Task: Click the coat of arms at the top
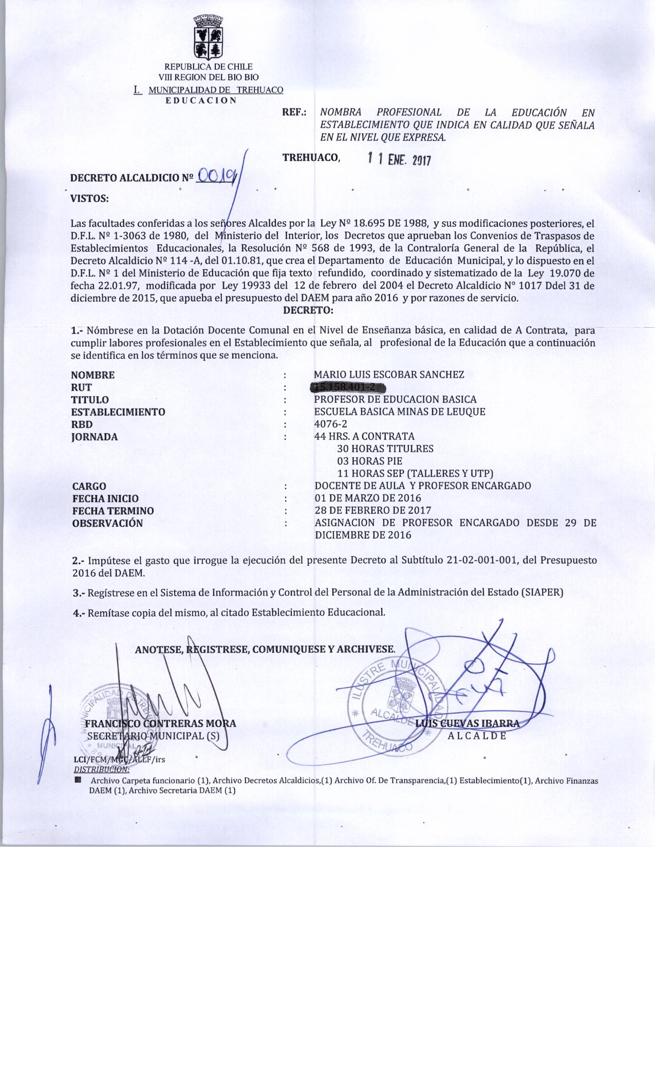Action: click(208, 37)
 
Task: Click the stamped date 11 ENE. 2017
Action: click(399, 159)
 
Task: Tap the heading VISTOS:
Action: click(89, 199)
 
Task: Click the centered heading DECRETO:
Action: click(308, 310)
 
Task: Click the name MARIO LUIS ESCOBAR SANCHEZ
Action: click(389, 375)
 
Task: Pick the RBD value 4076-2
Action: click(330, 424)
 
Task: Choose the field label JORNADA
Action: click(94, 437)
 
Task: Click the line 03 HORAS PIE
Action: click(369, 461)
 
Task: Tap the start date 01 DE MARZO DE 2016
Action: click(367, 498)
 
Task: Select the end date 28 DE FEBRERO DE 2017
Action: click(372, 510)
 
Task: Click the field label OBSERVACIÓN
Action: click(107, 523)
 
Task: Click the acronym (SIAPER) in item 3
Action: click(542, 592)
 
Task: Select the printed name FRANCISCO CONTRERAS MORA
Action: click(160, 723)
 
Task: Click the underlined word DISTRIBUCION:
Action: click(102, 769)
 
